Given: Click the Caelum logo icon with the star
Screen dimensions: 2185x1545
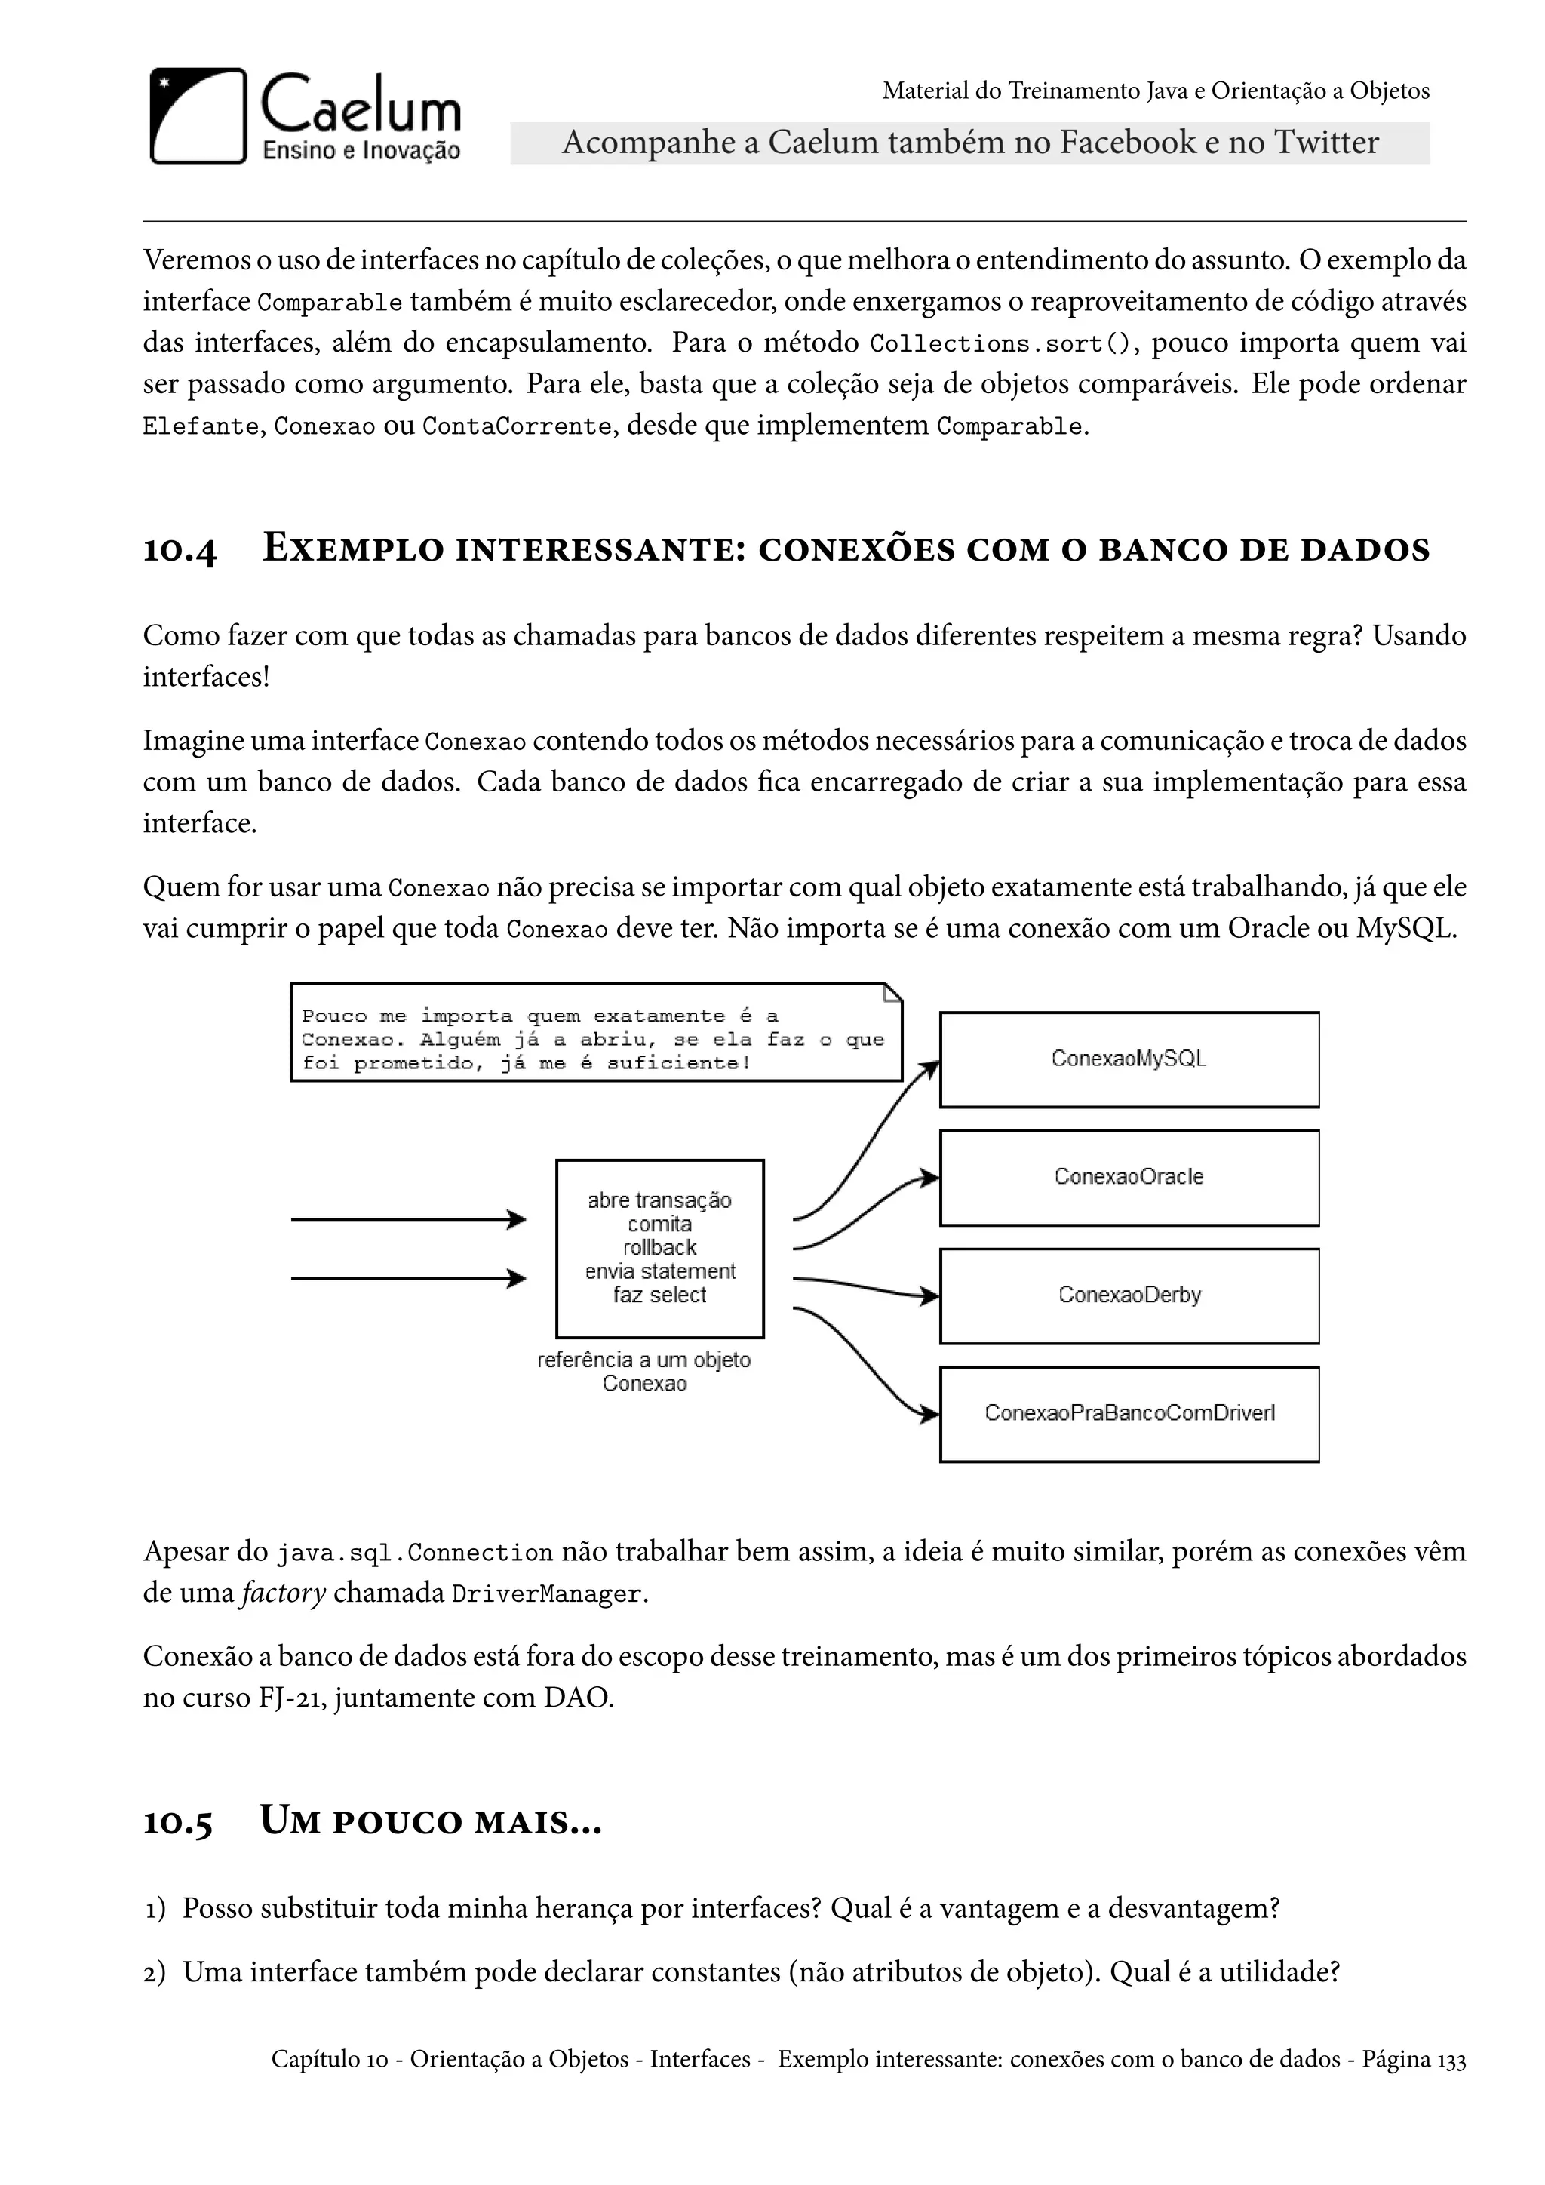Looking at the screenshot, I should (198, 116).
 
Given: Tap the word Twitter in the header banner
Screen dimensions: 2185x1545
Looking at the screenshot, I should (1326, 143).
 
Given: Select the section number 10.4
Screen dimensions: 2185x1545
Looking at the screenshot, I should (180, 550).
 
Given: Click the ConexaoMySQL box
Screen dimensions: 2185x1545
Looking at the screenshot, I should (1129, 1059).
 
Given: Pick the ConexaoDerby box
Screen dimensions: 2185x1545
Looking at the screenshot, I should (1129, 1295).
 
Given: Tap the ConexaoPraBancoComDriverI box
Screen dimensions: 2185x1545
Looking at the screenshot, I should (1129, 1413).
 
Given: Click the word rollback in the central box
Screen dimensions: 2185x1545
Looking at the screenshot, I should (659, 1248).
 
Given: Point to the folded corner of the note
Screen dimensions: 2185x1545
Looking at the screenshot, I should (892, 993).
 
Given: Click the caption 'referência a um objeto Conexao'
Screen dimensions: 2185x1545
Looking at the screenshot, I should (644, 1372).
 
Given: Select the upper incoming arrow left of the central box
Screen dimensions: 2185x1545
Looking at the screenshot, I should (408, 1219).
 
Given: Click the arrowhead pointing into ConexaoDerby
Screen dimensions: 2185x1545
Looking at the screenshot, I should (929, 1295).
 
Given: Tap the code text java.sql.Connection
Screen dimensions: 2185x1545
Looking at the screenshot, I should (415, 1553).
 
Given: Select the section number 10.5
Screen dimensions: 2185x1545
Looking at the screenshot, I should (178, 1821).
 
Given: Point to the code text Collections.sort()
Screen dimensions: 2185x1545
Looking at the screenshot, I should (1003, 343).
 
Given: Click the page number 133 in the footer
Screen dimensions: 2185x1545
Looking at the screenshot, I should (1451, 2060).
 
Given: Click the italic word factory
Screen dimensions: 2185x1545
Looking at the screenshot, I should (284, 1593).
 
